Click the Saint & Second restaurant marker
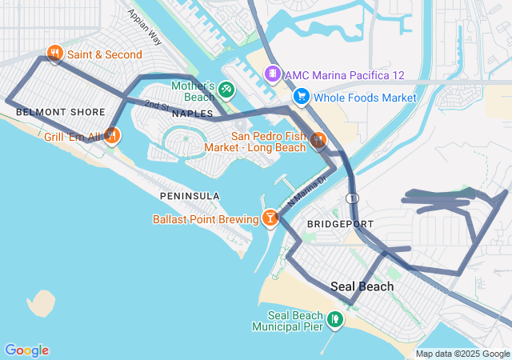pos(54,54)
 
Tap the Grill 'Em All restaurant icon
pos(112,136)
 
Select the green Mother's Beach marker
pos(226,89)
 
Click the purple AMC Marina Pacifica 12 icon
pos(273,74)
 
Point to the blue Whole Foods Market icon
pos(302,97)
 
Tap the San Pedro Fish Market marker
pos(318,141)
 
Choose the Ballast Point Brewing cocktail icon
pos(270,218)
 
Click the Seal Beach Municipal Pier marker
pos(335,319)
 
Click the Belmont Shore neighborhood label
pos(49,112)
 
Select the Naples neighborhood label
pos(192,114)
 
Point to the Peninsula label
pos(190,196)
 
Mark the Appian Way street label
pos(145,28)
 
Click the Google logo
pos(26,350)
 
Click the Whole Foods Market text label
pos(365,98)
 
